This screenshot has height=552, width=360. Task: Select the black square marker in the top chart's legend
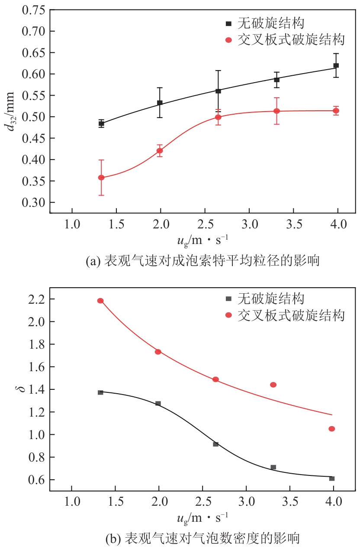229,23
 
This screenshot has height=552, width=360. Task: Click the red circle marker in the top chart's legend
229,40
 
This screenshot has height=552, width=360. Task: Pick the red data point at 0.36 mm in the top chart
101,177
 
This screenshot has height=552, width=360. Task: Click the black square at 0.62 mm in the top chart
336,66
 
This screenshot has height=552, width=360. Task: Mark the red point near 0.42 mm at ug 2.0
160,151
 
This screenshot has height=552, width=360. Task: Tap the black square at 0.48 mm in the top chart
101,123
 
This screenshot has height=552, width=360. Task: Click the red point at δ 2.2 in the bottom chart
100,301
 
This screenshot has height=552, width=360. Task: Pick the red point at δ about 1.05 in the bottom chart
332,429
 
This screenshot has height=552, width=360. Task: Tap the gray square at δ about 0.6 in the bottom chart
332,478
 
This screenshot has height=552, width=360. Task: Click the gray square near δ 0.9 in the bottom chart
215,444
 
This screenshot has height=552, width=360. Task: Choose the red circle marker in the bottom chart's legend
229,316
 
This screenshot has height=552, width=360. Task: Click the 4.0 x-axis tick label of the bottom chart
334,503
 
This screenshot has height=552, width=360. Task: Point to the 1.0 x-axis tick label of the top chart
71,225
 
